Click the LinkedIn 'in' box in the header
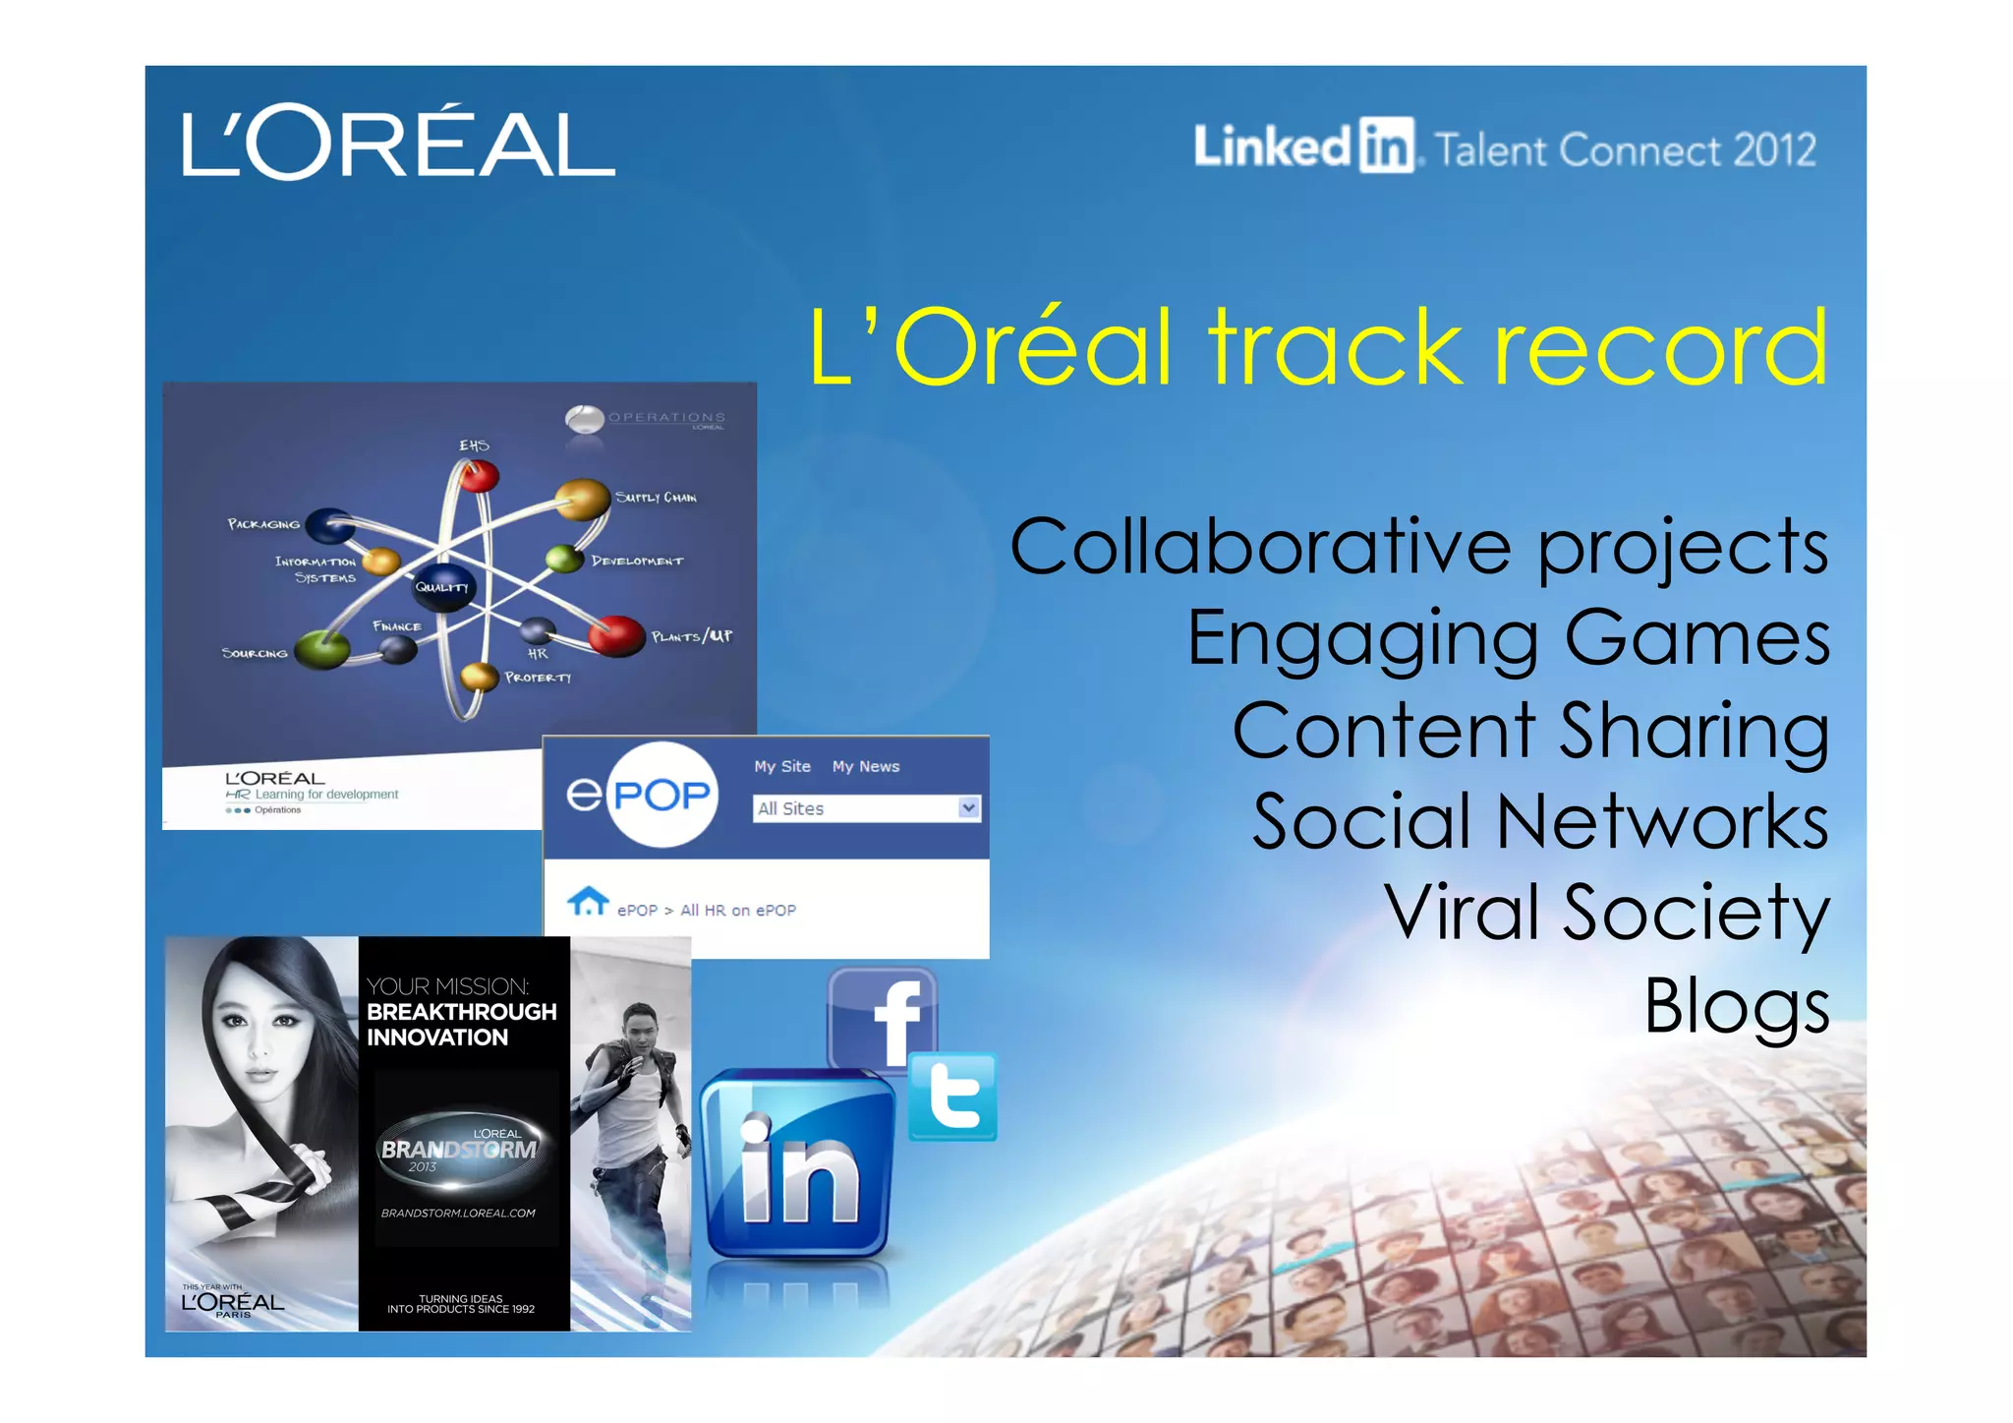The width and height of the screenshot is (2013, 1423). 1386,147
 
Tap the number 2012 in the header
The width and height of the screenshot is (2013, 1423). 1774,150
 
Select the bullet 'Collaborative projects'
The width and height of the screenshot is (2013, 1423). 1418,549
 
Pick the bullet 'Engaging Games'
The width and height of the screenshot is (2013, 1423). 1508,639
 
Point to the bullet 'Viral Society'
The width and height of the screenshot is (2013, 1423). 1607,914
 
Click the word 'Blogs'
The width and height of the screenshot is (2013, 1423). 1737,1007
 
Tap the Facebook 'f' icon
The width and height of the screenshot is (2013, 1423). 884,1018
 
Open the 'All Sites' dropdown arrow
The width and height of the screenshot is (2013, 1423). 968,808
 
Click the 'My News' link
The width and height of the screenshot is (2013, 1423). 865,767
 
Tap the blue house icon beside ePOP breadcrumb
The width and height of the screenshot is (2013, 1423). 588,901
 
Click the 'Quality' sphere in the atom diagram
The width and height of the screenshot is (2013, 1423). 443,586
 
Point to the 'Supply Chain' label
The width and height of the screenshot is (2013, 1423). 656,498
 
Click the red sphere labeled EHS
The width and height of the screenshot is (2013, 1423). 479,477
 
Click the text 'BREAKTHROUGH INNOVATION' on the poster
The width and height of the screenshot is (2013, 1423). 460,1025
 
